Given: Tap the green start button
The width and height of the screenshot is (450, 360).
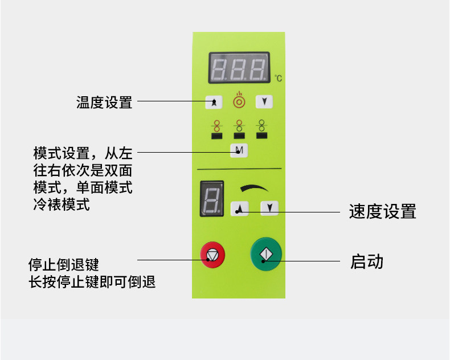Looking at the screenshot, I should pyautogui.click(x=266, y=255).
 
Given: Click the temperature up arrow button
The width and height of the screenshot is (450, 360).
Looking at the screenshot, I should pyautogui.click(x=214, y=103).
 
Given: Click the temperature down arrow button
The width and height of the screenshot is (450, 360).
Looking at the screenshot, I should pyautogui.click(x=264, y=102).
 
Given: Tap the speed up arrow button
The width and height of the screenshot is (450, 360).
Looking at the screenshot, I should pyautogui.click(x=239, y=208).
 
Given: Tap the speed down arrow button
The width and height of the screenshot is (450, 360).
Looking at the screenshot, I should pyautogui.click(x=269, y=208).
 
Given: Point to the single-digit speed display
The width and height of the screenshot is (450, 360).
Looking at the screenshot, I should pyautogui.click(x=211, y=199).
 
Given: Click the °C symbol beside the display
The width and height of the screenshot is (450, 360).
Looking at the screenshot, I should pyautogui.click(x=278, y=78).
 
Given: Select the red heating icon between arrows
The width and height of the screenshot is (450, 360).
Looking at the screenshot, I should pyautogui.click(x=239, y=101).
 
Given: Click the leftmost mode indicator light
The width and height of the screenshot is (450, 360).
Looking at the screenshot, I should pyautogui.click(x=216, y=136).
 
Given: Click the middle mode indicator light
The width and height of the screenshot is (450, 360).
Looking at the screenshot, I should pyautogui.click(x=239, y=136).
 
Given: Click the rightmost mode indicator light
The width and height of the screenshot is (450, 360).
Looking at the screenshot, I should pyautogui.click(x=262, y=135).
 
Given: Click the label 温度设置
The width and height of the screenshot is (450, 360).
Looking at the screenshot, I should pyautogui.click(x=104, y=103).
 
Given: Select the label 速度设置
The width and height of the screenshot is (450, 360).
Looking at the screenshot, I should pyautogui.click(x=382, y=212).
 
